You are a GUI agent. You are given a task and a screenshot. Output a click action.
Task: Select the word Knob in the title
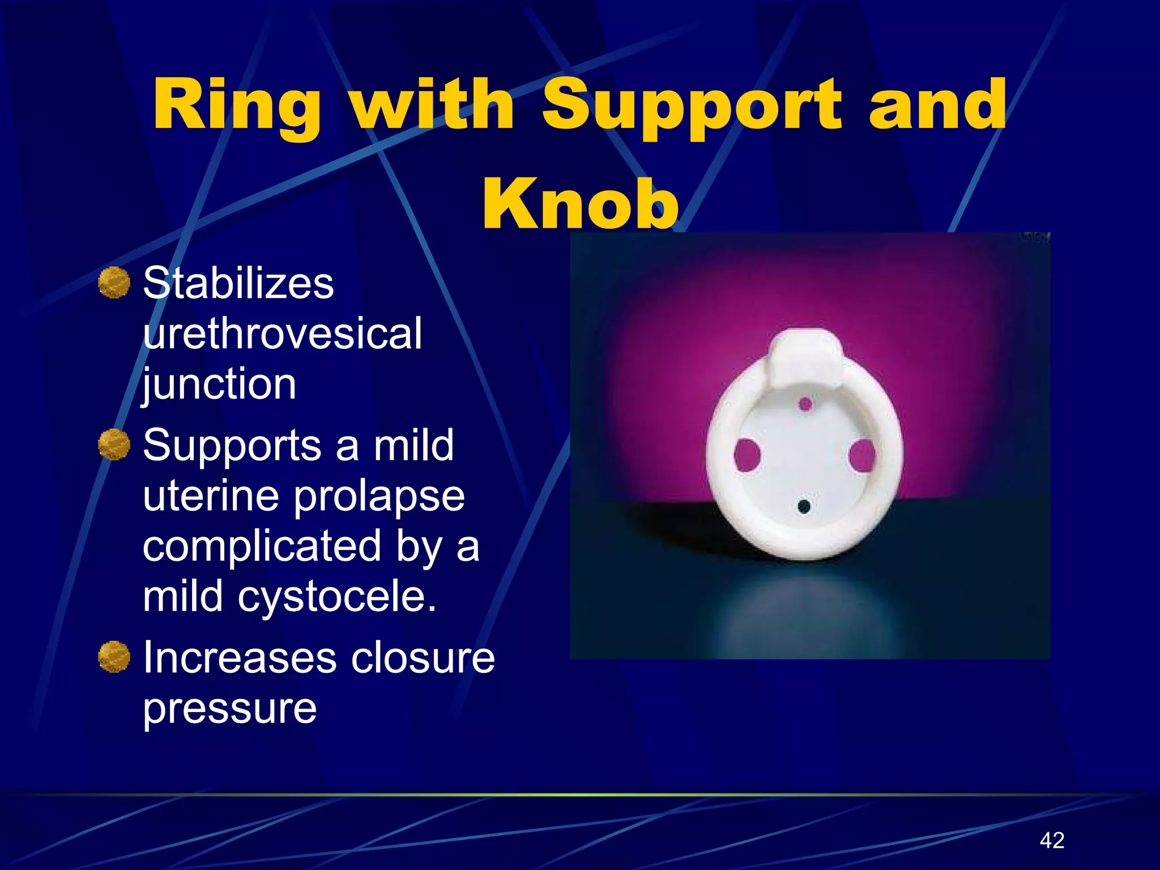[x=580, y=204]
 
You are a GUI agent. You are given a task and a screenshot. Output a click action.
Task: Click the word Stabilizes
[x=238, y=283]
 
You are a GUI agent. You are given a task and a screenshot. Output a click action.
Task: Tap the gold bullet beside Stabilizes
[x=114, y=283]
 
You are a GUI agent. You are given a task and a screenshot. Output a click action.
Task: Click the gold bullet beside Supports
[x=114, y=445]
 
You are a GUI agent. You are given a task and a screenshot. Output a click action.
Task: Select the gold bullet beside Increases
[x=114, y=657]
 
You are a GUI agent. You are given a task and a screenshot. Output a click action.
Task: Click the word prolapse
[x=379, y=496]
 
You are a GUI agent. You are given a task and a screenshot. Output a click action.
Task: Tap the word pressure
[x=229, y=708]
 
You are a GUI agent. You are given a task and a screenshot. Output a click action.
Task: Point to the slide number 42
[x=1052, y=840]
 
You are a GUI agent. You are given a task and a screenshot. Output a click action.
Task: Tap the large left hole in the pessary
[x=747, y=455]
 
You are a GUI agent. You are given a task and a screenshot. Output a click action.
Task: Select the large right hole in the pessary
[x=862, y=455]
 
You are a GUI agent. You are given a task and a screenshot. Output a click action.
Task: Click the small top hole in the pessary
[x=805, y=404]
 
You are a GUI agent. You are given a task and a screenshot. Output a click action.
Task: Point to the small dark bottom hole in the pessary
[x=804, y=506]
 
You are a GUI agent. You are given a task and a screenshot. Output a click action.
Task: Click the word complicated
[x=262, y=547]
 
